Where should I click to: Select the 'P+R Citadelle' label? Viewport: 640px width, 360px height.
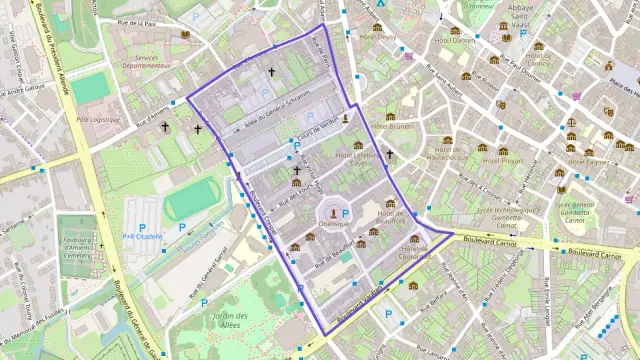pos(142,237)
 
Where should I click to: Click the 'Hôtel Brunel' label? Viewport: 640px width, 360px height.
pos(392,127)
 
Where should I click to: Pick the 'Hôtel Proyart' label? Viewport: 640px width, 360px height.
pos(504,160)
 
